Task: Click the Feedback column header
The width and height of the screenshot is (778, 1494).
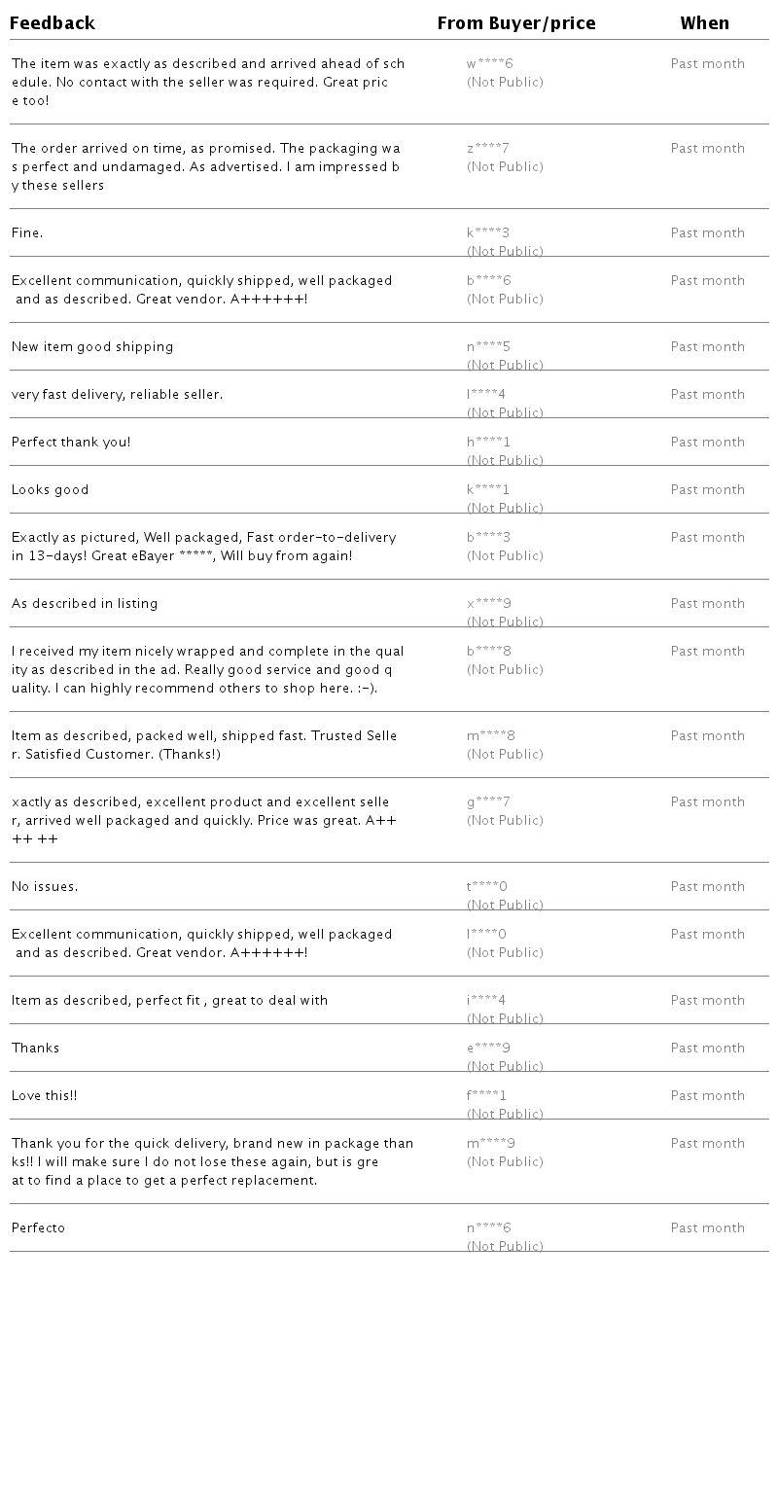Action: [x=53, y=23]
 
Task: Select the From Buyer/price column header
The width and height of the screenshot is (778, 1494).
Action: [x=516, y=23]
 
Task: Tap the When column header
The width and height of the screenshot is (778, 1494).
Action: [x=705, y=23]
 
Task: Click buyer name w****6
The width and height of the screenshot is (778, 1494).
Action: [x=489, y=64]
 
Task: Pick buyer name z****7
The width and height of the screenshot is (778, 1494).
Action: [x=488, y=149]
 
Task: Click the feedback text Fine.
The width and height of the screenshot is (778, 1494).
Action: [x=27, y=233]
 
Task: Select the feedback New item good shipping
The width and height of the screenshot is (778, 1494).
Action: [x=92, y=347]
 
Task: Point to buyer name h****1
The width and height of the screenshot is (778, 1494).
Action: [x=488, y=443]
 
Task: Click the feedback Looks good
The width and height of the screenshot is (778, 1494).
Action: [x=51, y=490]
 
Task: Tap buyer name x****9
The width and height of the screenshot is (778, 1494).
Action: [x=489, y=604]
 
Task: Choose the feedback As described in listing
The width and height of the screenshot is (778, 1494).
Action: [x=85, y=604]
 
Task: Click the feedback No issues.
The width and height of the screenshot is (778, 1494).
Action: [x=45, y=887]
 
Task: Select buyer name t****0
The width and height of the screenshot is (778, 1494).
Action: [x=487, y=887]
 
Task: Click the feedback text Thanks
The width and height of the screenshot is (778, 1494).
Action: [x=36, y=1049]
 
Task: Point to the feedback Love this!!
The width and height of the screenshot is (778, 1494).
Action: [x=45, y=1096]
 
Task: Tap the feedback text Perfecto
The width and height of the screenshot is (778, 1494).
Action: [x=39, y=1228]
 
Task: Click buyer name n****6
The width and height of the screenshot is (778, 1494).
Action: [x=489, y=1228]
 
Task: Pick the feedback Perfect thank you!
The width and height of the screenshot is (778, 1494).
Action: [x=71, y=443]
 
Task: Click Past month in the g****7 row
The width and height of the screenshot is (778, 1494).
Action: [x=708, y=802]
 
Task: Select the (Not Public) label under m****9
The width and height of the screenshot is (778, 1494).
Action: [x=505, y=1162]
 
